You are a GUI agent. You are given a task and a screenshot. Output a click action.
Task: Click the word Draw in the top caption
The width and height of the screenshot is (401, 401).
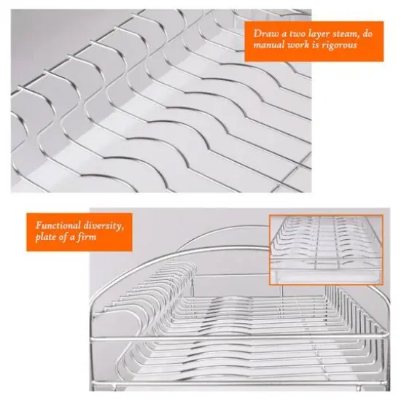(x=265, y=34)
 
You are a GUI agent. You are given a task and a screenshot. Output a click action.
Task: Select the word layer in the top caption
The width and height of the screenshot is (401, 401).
(x=321, y=34)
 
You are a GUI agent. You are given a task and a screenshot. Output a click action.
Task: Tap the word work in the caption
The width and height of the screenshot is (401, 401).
(x=302, y=45)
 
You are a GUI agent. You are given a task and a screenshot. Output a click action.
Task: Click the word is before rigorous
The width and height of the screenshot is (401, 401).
(x=321, y=45)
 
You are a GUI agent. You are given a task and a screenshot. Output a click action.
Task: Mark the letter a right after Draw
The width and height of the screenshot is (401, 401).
(x=283, y=34)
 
